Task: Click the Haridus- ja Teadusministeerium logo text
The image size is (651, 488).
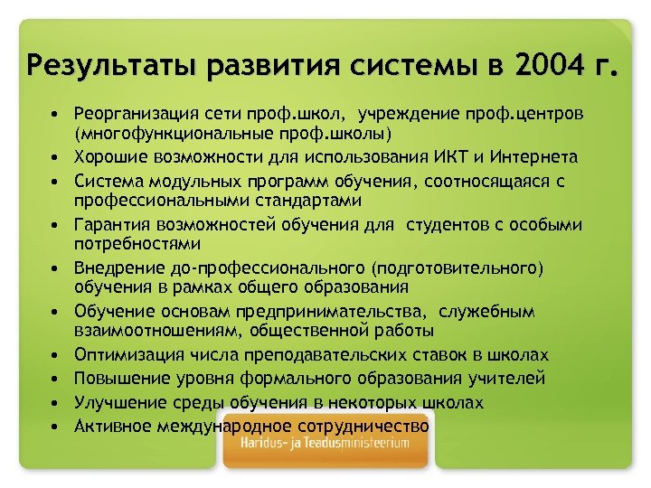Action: [325, 444]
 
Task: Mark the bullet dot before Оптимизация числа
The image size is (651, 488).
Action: [56, 355]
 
